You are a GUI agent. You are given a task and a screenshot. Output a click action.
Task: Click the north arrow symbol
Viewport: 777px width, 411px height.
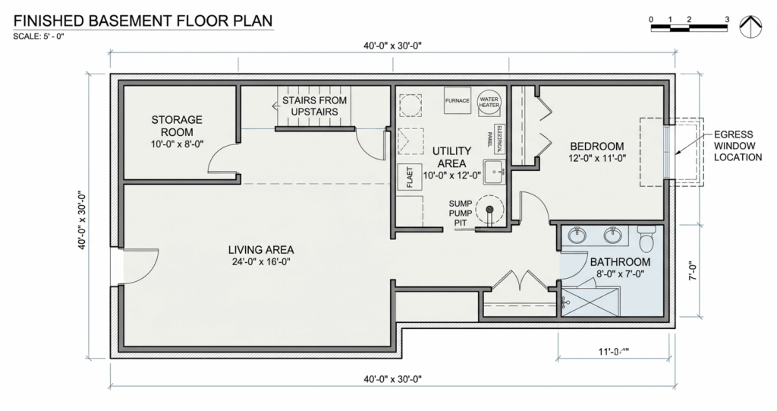(750, 27)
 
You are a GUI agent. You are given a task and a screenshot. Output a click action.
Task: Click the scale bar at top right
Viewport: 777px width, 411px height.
(689, 28)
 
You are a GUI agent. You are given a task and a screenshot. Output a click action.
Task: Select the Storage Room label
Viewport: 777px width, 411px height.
(176, 126)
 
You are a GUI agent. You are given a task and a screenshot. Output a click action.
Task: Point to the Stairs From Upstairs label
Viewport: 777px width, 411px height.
(314, 106)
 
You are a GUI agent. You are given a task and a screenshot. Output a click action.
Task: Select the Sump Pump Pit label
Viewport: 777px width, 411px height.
(461, 213)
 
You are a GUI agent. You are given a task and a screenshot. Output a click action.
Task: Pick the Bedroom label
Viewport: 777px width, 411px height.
(596, 147)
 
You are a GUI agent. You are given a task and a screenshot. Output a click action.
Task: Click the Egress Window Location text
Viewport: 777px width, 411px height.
(736, 146)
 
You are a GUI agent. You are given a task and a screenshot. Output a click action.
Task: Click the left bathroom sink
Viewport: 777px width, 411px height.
(577, 235)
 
